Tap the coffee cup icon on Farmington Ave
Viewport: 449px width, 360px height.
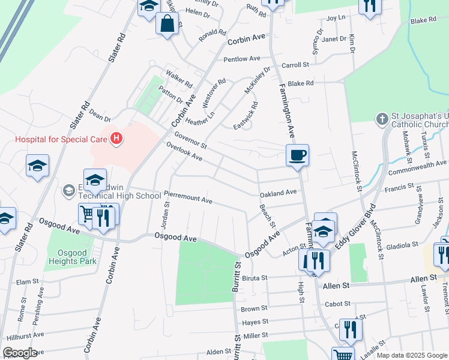click(x=297, y=155)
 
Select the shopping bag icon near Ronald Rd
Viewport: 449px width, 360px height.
click(x=167, y=24)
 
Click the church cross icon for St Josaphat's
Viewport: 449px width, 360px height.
click(x=382, y=119)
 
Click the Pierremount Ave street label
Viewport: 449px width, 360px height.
click(x=188, y=197)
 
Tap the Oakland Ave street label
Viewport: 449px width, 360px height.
click(x=278, y=193)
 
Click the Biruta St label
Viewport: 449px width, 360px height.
click(x=254, y=278)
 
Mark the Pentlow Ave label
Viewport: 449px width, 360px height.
click(x=242, y=59)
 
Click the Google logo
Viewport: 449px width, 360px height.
click(x=19, y=353)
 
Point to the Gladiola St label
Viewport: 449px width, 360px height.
click(x=402, y=245)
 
